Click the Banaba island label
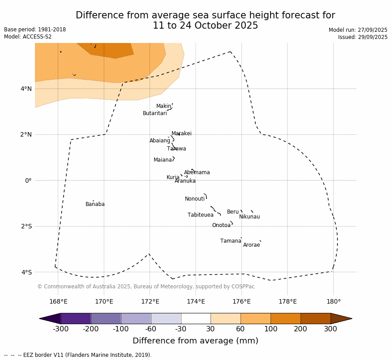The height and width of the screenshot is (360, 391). pos(95,205)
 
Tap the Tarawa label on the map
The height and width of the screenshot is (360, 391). pos(176,149)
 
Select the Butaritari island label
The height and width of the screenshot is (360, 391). pos(155,114)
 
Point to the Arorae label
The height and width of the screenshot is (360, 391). pos(251,245)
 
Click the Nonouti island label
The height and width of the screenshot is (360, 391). pos(195,199)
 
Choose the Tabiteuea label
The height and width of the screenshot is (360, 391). pos(200,215)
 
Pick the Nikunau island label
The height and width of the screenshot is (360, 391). pos(249,217)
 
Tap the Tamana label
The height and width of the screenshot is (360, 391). pos(231,241)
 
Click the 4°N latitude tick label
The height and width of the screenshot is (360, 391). pos(26,89)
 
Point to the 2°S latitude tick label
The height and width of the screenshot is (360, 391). pos(26,227)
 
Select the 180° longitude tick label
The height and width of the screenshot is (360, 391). pos(333,302)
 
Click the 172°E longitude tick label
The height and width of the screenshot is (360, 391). pos(150,302)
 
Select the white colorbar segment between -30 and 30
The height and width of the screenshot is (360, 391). pos(196,319)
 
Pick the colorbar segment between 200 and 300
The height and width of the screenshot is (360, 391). pos(315,319)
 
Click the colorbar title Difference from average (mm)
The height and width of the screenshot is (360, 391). pos(195,341)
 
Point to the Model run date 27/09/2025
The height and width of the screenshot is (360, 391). pos(358,30)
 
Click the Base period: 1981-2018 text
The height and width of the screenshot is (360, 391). pos(35,30)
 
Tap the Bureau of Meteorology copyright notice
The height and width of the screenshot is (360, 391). pos(146,287)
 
